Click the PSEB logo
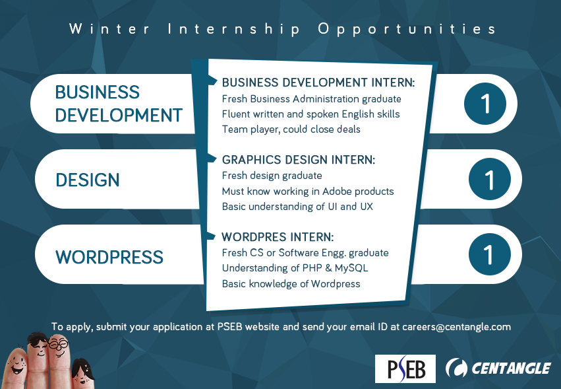(x=405, y=369)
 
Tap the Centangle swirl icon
(x=456, y=369)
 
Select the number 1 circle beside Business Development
(x=485, y=104)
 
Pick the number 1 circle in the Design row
(x=490, y=179)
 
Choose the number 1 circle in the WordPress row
(x=490, y=254)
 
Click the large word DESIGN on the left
(x=88, y=180)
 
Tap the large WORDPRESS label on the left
(x=109, y=257)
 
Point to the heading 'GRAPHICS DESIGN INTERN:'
(x=299, y=160)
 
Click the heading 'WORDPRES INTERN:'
(x=278, y=237)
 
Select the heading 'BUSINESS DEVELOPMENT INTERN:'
(x=318, y=83)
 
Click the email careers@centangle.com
(x=457, y=327)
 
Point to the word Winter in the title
(x=109, y=28)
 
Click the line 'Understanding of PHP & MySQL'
(x=295, y=268)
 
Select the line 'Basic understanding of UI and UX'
(x=297, y=207)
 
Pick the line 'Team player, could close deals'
(x=291, y=129)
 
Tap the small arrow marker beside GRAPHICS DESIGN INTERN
(x=212, y=158)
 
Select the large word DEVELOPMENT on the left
(x=119, y=116)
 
